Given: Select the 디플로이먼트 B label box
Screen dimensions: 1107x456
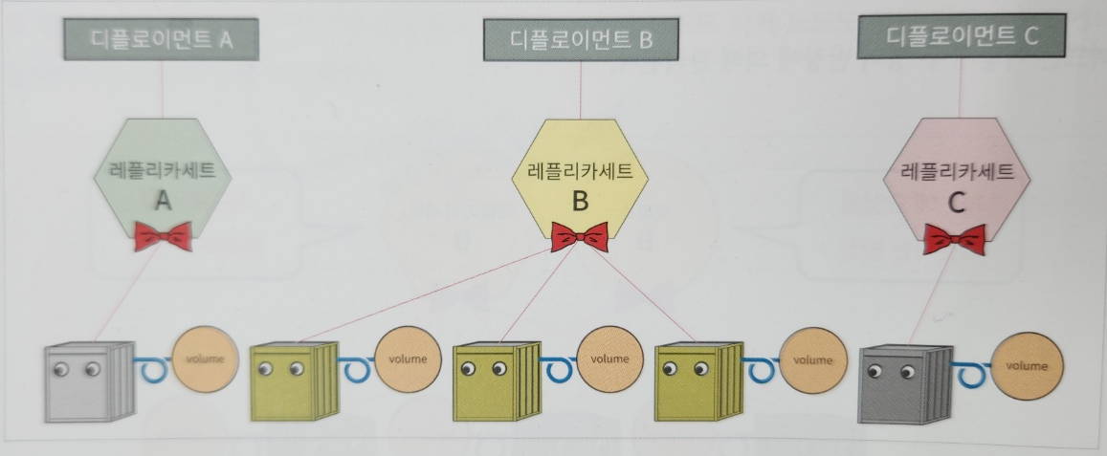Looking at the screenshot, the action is coord(580,39).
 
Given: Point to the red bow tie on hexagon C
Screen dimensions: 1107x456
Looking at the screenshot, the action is coord(954,239).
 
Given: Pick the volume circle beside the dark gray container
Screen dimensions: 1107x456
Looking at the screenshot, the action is coord(1028,366).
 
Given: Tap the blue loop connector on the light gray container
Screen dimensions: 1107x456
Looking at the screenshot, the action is coord(150,367).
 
